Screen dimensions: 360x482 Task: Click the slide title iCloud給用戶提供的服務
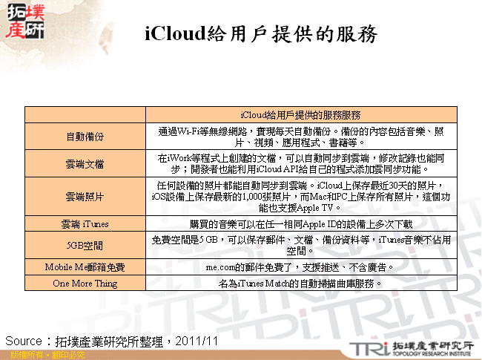[x=260, y=34]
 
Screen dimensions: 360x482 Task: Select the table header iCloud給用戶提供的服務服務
[x=301, y=115]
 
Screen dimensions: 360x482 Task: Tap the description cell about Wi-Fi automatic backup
[x=301, y=137]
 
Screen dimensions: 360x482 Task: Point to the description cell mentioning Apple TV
[x=301, y=197]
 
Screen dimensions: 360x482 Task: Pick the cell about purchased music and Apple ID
[x=301, y=224]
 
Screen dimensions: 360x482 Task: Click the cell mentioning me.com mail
[x=301, y=266]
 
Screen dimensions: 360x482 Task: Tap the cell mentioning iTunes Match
[x=301, y=283]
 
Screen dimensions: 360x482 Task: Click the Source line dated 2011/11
[x=110, y=341]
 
